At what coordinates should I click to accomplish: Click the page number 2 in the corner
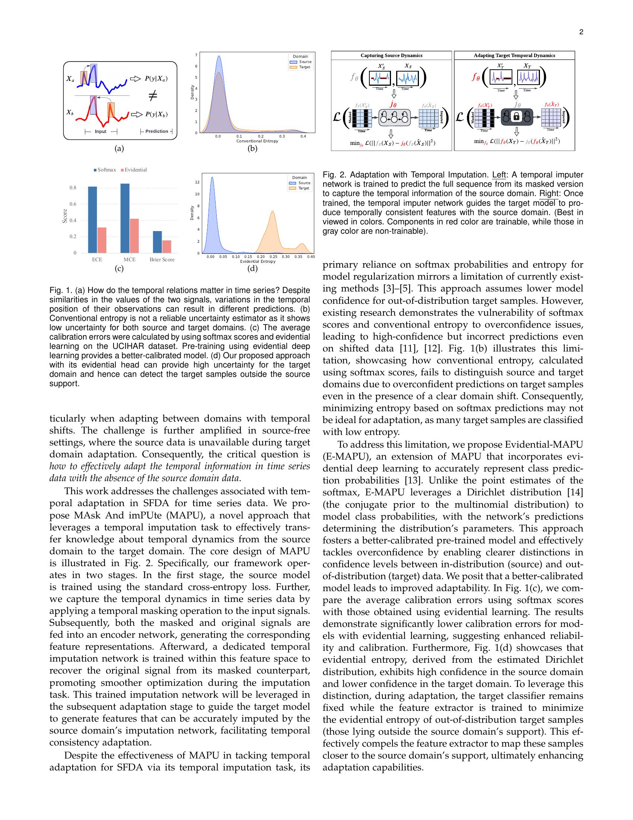click(x=581, y=32)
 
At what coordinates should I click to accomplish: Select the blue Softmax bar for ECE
click(x=92, y=220)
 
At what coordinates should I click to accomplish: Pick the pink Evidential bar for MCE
click(x=134, y=236)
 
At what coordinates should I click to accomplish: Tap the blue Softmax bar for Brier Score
click(x=158, y=242)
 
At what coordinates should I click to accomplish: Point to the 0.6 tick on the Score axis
click(x=73, y=204)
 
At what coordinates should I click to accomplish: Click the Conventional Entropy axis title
click(x=257, y=141)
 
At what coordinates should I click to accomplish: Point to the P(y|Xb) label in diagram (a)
click(x=156, y=114)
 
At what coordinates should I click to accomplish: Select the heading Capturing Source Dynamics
click(x=391, y=56)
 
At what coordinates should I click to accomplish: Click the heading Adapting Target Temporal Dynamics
click(x=514, y=56)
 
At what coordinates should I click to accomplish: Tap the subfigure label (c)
click(x=119, y=268)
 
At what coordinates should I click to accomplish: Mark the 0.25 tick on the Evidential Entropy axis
click(x=273, y=257)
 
